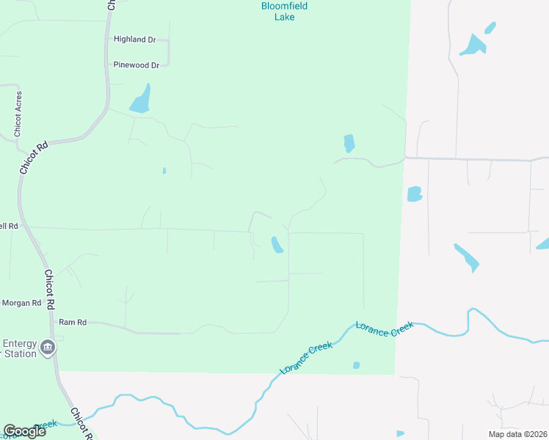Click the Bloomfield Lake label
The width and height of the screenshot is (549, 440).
click(284, 11)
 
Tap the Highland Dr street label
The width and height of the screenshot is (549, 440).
click(135, 40)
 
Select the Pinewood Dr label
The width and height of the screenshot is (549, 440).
click(136, 65)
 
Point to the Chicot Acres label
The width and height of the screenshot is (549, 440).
click(18, 114)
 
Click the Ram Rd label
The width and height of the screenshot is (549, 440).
click(73, 322)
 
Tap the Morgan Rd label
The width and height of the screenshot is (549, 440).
click(21, 303)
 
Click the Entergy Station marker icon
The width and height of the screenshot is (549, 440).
click(48, 347)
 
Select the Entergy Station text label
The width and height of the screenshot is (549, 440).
click(19, 348)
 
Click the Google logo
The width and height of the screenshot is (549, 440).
click(24, 431)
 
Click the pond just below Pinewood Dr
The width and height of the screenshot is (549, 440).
click(140, 99)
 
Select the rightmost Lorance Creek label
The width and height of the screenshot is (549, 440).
click(385, 329)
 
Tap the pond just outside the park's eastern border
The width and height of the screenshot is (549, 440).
click(415, 194)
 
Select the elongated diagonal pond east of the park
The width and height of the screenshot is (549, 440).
click(466, 257)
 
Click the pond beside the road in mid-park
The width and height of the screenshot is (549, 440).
click(277, 244)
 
